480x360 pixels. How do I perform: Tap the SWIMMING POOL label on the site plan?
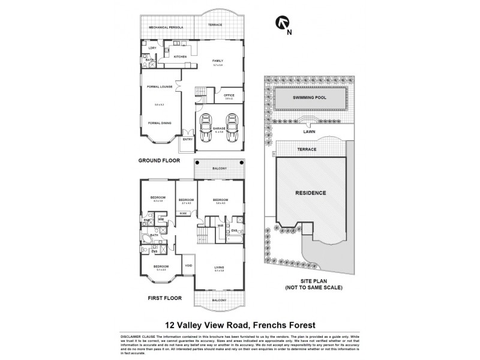point(310,97)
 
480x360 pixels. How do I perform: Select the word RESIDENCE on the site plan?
point(310,193)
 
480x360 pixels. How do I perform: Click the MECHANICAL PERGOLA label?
point(165,28)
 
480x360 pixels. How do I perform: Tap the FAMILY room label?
point(218,61)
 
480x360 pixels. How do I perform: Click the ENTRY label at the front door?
point(188,139)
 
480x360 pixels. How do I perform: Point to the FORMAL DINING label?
point(160,123)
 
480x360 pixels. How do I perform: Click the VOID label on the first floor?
point(188,265)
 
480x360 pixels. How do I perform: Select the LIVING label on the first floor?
point(218,268)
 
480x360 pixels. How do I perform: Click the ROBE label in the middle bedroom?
point(184,213)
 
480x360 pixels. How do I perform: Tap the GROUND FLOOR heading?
point(160,161)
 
